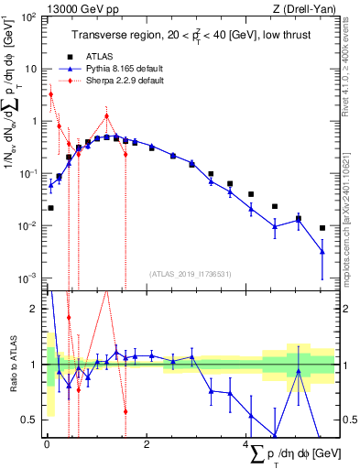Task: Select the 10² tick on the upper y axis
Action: (x=30, y=17)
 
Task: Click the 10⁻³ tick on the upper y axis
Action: (x=30, y=278)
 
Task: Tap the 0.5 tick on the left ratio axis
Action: (x=30, y=420)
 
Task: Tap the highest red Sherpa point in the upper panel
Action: (x=51, y=94)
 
